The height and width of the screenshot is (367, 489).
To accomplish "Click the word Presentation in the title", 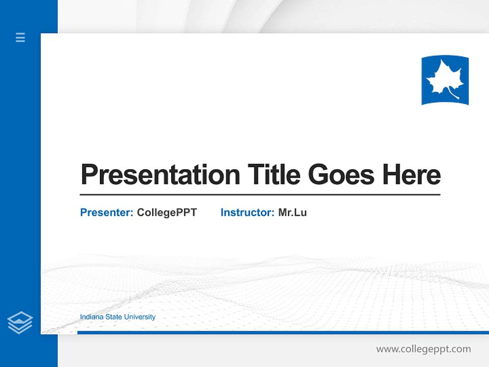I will (160, 175).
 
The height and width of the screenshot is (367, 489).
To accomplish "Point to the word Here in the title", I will (412, 175).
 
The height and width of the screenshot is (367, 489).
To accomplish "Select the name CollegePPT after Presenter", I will (167, 213).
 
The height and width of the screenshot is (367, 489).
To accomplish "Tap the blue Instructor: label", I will (247, 213).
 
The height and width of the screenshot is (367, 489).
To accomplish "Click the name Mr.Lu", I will (292, 213).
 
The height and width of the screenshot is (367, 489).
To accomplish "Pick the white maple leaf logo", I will (444, 81).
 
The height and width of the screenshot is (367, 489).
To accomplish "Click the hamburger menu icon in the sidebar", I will (20, 37).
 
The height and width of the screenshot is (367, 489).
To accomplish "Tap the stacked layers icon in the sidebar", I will (20, 323).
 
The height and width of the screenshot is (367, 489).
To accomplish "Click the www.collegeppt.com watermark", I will (423, 349).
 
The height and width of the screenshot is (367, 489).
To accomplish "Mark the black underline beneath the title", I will (260, 195).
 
